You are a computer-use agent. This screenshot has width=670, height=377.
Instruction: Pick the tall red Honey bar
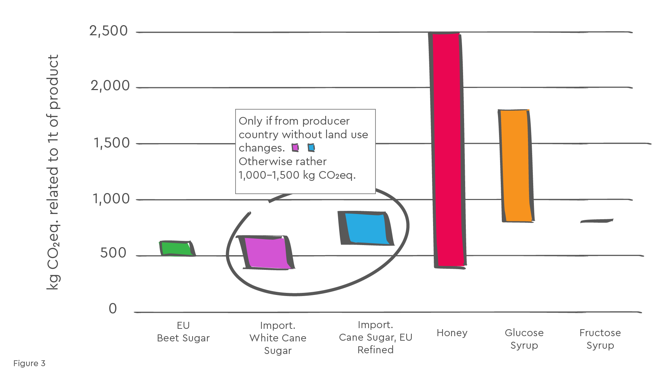[x=448, y=150]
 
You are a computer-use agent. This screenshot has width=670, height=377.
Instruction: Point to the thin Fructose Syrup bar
[x=597, y=221]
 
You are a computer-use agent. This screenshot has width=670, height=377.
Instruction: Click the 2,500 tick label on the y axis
[x=109, y=31]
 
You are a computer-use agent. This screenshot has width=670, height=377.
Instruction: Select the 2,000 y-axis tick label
[x=110, y=86]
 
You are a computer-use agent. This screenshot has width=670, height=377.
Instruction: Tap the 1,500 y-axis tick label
[x=111, y=143]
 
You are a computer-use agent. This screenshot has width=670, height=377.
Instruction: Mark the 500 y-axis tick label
[x=113, y=253]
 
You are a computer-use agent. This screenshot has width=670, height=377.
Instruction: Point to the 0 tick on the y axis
[x=113, y=309]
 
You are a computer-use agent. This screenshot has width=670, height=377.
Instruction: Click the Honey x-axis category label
[x=452, y=333]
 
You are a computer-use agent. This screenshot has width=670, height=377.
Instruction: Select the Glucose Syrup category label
[x=524, y=339]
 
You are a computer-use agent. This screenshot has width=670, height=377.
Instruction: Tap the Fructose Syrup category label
[x=600, y=339]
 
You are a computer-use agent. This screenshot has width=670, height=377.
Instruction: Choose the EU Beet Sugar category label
[x=183, y=332]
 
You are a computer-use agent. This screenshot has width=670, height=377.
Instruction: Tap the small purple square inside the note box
[x=295, y=148]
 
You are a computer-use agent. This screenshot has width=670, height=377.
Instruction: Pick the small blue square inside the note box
[x=311, y=148]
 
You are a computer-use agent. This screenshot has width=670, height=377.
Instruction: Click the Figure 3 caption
[x=29, y=363]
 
